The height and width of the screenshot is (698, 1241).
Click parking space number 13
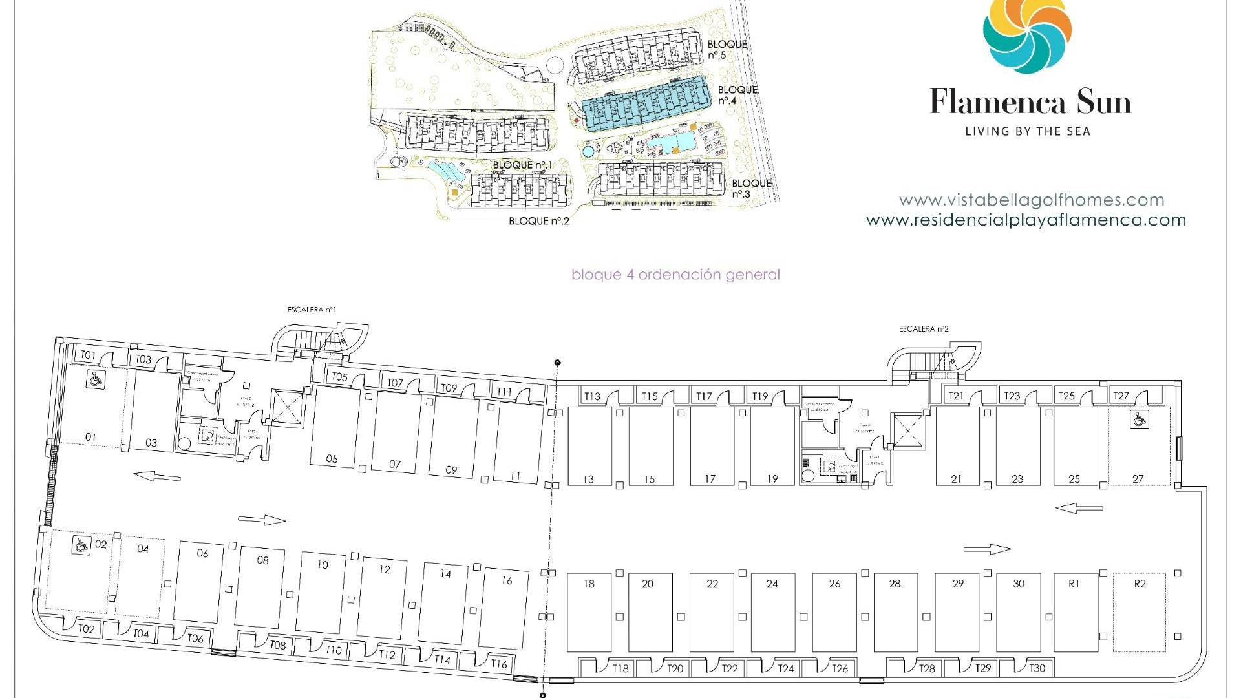[x=589, y=446]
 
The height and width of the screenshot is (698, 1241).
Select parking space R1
[x=1074, y=611]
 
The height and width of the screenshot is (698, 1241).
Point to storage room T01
[x=88, y=355]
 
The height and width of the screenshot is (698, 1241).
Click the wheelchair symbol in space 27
[x=1139, y=419]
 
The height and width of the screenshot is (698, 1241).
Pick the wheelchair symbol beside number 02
[x=81, y=545]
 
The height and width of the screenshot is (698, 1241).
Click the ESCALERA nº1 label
[x=312, y=310]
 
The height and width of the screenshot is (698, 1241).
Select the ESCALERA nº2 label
[x=923, y=329]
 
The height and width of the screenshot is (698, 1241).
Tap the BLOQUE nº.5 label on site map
[x=727, y=50]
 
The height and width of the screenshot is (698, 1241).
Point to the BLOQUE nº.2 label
[x=538, y=221]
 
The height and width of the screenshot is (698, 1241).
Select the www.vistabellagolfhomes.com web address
[x=1031, y=200]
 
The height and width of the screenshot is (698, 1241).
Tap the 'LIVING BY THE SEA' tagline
[x=1028, y=132]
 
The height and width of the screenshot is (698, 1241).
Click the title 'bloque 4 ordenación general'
[x=675, y=275]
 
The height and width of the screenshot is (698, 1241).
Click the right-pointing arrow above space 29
[x=986, y=549]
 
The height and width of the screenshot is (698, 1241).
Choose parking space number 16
[x=505, y=608]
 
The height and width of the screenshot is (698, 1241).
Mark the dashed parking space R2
[x=1140, y=611]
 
